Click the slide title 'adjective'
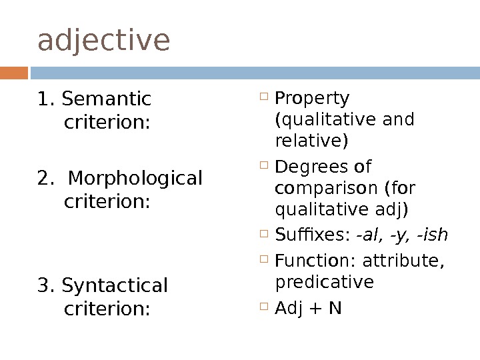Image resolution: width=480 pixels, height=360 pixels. click(104, 41)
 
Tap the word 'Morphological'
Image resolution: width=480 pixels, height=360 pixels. click(135, 179)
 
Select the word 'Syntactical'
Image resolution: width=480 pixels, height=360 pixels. click(114, 285)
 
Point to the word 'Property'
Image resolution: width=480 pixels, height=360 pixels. click(312, 99)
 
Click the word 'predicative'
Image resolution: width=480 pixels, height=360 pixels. click(325, 283)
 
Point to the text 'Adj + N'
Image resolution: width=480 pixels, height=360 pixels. click(308, 309)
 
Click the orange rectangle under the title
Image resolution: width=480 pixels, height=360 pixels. click(14, 72)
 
